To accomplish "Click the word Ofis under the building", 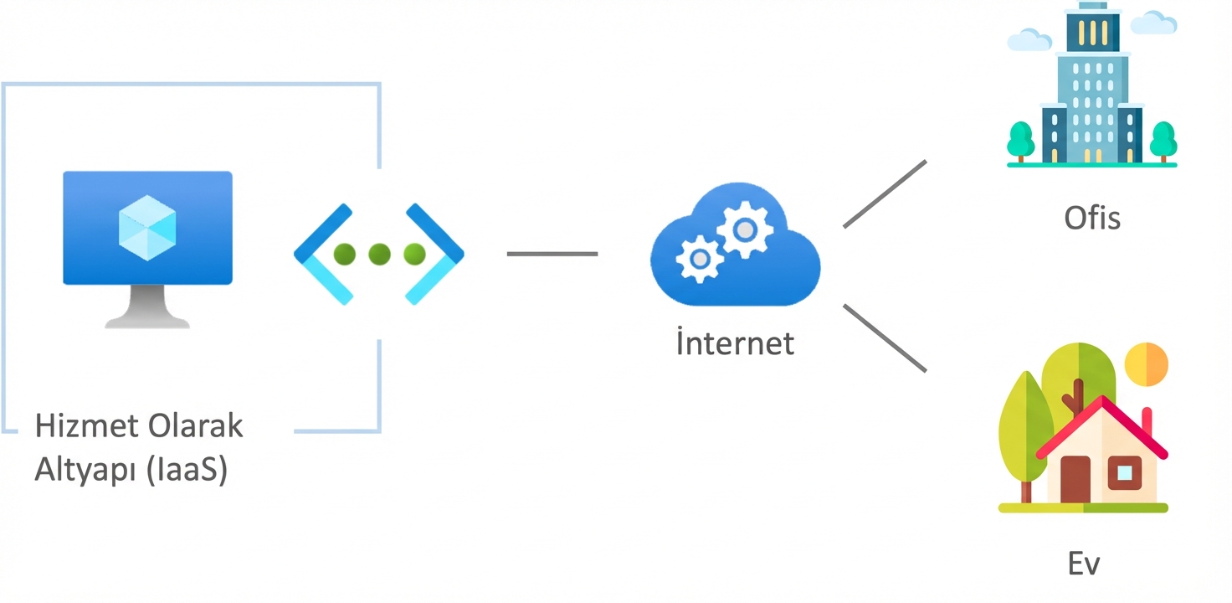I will click(1091, 218).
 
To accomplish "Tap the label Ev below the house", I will click(1084, 564).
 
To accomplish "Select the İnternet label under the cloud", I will click(735, 343).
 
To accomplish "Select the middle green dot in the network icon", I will click(379, 254).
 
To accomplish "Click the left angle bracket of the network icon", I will click(323, 253).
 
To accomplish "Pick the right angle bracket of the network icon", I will click(435, 253).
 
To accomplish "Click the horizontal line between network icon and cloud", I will click(552, 254).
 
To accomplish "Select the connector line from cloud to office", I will click(885, 194).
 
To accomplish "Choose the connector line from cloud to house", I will click(885, 338).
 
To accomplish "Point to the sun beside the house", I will click(1147, 363).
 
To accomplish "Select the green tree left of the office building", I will click(1020, 140).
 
